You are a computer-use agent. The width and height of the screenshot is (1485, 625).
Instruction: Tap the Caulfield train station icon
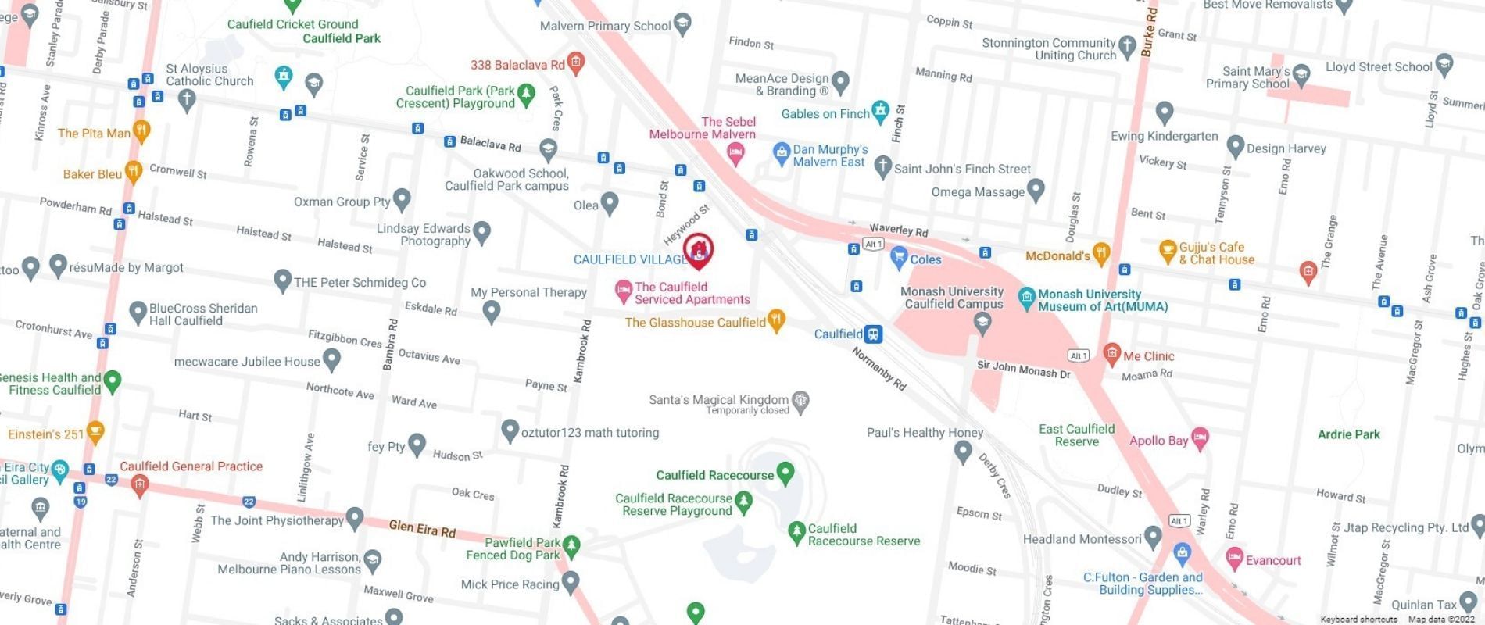873,334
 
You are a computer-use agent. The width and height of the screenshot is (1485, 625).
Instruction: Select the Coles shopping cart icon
898,256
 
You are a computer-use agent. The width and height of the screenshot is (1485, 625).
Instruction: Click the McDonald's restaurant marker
1101,252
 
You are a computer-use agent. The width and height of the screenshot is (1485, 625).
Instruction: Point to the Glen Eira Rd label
422,529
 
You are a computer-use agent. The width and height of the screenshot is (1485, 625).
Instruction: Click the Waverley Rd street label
898,230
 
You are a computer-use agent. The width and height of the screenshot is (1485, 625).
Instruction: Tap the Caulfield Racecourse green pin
785,472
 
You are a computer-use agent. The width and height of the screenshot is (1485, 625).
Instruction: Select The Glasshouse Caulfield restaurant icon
776,320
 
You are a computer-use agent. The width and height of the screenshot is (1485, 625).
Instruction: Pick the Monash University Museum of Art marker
1027,297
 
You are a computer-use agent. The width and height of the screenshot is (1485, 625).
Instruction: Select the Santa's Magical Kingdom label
718,400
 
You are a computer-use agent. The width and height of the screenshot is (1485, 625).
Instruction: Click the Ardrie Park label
1348,434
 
